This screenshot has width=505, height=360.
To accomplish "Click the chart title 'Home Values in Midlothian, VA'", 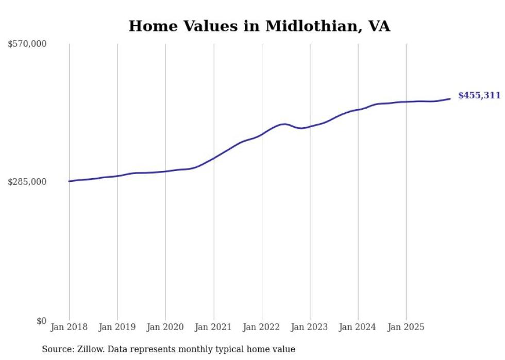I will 259,26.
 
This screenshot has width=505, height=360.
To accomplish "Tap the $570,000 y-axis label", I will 27,44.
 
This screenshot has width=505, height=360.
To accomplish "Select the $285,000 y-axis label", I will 27,182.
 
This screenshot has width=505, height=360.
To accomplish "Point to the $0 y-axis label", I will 41,321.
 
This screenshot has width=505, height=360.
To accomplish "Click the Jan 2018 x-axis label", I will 69,327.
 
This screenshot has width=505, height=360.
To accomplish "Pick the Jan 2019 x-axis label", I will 117,327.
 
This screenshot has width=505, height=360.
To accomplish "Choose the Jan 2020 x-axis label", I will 165,327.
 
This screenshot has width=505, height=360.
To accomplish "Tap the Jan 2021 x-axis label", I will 213,327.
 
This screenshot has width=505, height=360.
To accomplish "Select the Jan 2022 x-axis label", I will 262,327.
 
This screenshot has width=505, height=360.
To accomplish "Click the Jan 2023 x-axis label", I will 310,327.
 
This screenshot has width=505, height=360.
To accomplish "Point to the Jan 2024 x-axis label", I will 358,327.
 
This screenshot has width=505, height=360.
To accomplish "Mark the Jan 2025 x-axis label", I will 406,327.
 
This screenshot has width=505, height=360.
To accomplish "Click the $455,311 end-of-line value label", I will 479,95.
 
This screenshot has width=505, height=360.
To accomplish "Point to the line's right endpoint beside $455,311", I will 450,99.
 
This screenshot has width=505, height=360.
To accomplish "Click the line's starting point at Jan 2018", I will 69,181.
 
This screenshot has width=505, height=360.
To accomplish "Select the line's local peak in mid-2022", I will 284,124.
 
